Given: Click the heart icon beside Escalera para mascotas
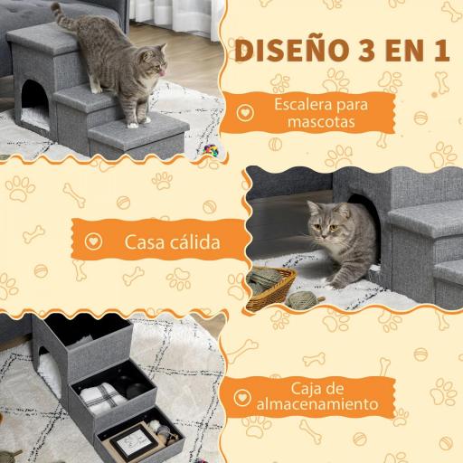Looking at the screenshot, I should (x=244, y=114).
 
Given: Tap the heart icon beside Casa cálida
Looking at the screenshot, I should (x=91, y=243).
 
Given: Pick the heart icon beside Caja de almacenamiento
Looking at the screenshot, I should (x=242, y=397).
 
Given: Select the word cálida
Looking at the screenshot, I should (x=185, y=243).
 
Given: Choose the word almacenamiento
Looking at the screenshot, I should (x=314, y=407).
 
